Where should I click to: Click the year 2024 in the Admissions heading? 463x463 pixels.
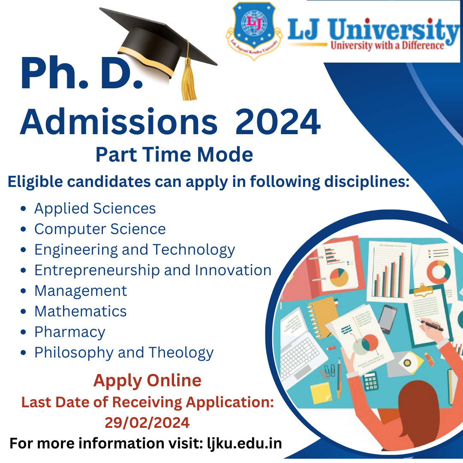coord(278,122)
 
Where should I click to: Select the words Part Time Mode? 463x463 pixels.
coord(174,154)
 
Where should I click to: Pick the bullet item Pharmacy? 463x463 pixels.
coord(70,332)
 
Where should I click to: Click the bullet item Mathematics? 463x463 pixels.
coord(81,311)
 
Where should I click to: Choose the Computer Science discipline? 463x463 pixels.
coord(100,229)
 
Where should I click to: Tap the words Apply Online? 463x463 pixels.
coord(147,381)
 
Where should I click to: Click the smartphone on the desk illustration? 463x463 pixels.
coord(387,319)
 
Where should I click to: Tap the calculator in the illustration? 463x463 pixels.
coord(370,381)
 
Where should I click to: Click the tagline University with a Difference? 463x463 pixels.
coord(387,45)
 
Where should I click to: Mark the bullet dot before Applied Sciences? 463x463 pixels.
coord(24,209)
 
